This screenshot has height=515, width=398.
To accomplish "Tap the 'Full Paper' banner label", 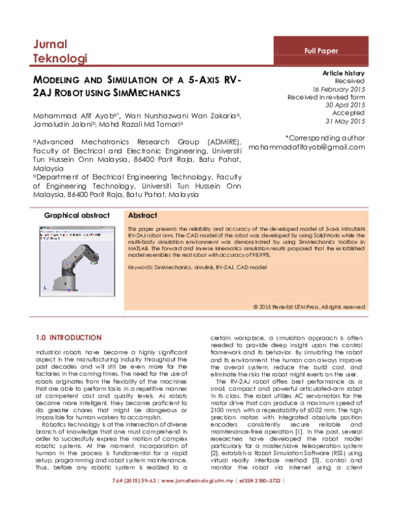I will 320,50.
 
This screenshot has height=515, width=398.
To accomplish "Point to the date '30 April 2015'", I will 345,105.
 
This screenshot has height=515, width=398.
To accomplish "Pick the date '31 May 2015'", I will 346,121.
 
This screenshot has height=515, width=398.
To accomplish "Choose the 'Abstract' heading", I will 142,216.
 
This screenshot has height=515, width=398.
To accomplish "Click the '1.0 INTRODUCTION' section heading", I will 68,338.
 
